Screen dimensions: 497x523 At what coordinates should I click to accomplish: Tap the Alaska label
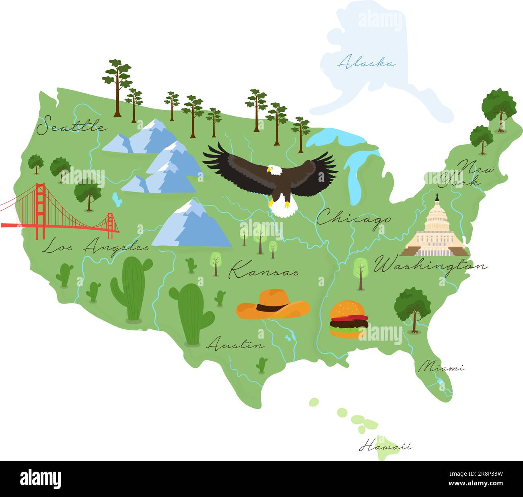coord(367,63)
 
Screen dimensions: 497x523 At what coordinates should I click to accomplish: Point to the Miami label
coord(441,367)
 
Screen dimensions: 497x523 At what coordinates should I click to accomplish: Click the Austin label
coord(236,345)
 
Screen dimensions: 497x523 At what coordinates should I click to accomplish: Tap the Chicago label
coord(353,219)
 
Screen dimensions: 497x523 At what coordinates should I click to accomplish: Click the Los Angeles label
coord(96,246)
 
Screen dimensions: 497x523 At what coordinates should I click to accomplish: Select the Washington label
coord(430,266)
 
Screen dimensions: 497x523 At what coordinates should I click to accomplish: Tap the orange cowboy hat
coord(273,306)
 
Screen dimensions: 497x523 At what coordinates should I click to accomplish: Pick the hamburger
coord(348,320)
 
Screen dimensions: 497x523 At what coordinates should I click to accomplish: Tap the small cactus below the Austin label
coord(262,365)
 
